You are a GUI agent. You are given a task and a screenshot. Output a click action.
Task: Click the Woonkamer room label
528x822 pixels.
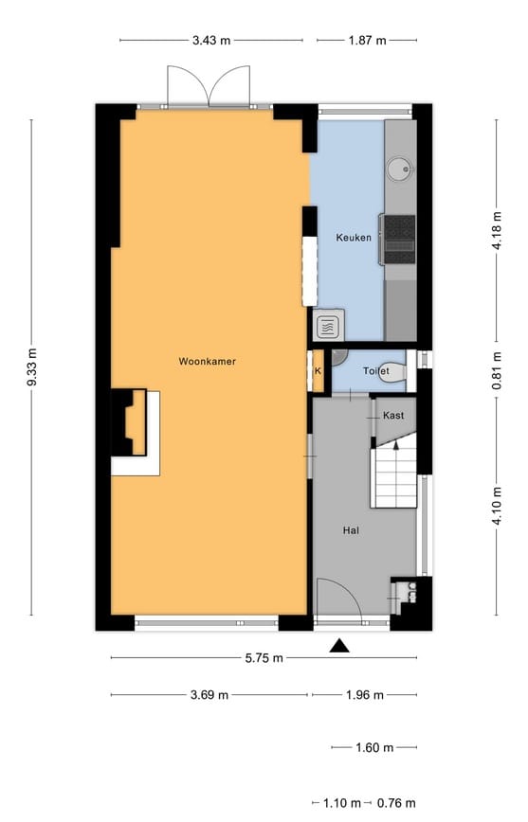[x=207, y=361]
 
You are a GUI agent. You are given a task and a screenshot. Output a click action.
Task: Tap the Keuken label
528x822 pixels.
[x=354, y=238]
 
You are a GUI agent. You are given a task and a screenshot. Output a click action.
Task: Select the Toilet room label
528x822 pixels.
[x=376, y=371]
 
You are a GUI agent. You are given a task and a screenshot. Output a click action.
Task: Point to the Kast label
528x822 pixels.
[x=393, y=415]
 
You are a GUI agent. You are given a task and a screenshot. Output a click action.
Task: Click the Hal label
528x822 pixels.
[x=351, y=530]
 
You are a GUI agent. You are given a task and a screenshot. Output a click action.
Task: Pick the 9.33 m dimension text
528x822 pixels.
[x=32, y=367]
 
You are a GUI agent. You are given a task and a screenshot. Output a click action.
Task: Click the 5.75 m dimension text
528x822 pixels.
[x=264, y=658]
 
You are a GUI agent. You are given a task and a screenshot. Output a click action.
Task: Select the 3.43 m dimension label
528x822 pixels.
[x=211, y=41]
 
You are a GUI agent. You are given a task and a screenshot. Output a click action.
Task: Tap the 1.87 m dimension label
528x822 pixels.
[x=368, y=41]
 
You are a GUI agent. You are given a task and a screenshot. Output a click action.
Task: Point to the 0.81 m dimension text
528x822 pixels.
[x=497, y=370]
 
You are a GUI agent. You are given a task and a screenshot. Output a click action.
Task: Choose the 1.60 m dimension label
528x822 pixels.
[x=374, y=747]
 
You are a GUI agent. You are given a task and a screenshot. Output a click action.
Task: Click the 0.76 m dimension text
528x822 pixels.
[x=396, y=803]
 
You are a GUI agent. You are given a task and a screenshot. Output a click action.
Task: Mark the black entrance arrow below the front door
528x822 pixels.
[x=339, y=646]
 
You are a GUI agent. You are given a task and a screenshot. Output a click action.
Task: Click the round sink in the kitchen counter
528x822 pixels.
[x=400, y=169]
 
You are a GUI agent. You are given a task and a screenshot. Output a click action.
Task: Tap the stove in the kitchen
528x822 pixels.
[x=399, y=239]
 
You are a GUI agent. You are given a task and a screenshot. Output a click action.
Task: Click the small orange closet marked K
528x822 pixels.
[x=319, y=370]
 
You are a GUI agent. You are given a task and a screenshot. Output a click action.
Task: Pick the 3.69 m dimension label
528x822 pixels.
[x=209, y=694]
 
